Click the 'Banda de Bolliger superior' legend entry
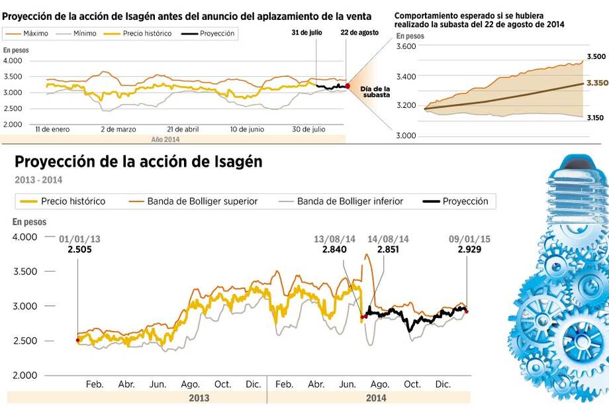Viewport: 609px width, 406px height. tap(201, 201)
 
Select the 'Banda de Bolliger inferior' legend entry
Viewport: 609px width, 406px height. tap(350, 201)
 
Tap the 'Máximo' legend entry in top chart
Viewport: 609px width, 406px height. tap(32, 33)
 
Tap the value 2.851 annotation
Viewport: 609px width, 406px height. tap(388, 250)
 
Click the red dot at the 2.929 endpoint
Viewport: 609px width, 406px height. tap(467, 311)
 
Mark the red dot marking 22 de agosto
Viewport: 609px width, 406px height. tap(348, 86)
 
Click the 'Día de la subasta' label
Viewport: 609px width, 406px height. tap(375, 91)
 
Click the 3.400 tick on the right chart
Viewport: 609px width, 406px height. tap(406, 77)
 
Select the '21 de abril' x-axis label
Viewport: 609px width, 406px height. tap(183, 129)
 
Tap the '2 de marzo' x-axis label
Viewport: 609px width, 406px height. tap(118, 129)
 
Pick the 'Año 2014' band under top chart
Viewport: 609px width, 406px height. tap(165, 140)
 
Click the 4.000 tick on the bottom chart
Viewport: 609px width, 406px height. tap(24, 237)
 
